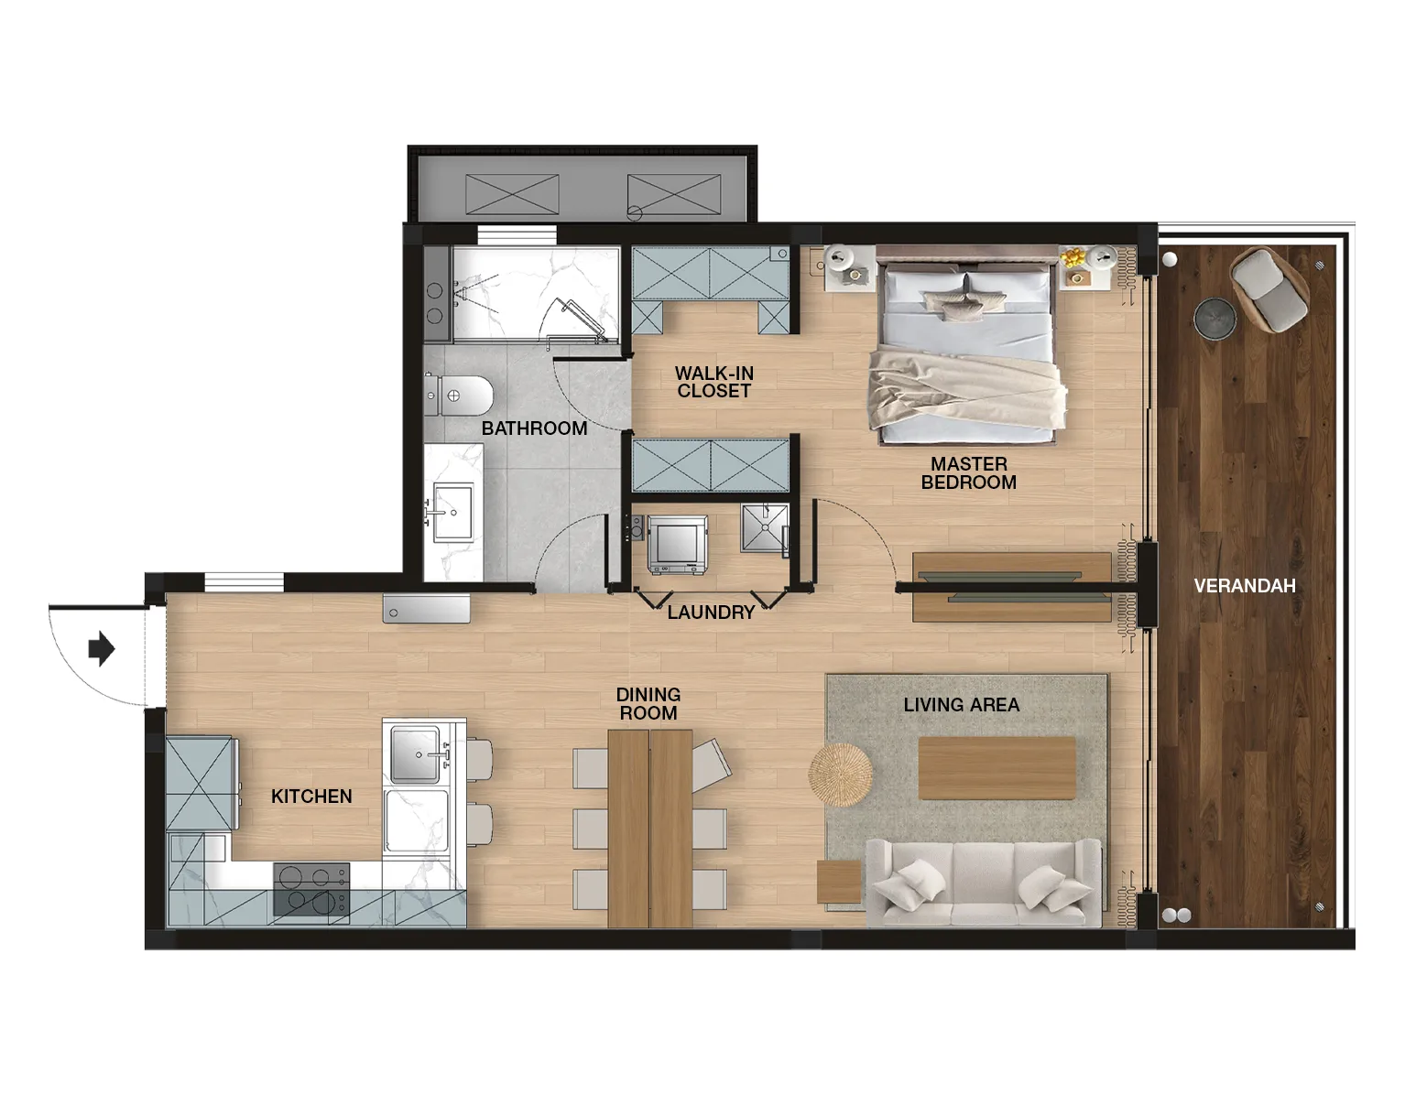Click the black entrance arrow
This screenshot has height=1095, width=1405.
[x=102, y=648]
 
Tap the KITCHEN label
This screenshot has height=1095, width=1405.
[x=311, y=796]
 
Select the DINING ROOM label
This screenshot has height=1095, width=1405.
[x=648, y=703]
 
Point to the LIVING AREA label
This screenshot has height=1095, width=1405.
[x=962, y=704]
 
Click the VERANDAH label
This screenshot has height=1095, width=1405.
[x=1245, y=585]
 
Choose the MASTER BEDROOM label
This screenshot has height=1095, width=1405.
[x=968, y=473]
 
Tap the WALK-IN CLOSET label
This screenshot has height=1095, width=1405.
[x=714, y=382]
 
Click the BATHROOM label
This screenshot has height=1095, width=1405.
[x=534, y=428]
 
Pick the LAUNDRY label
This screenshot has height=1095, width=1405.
[x=712, y=612]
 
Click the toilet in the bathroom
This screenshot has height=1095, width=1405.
[x=459, y=395]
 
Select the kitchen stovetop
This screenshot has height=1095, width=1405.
[x=311, y=890]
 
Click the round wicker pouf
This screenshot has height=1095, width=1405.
[x=840, y=775]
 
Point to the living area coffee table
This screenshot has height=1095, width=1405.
[x=997, y=768]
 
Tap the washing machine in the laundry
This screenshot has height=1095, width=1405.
[x=677, y=544]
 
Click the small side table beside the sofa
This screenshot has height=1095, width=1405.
[x=839, y=881]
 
